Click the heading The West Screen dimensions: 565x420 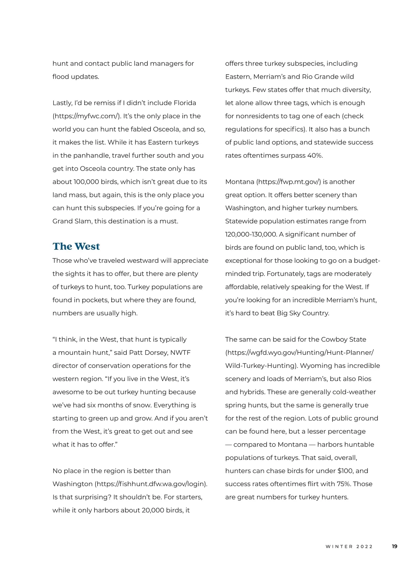point(76,246)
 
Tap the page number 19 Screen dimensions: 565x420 point(394,546)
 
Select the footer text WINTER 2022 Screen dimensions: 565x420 point(349,546)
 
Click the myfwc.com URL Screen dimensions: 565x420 point(87,116)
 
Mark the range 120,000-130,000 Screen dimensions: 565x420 point(251,234)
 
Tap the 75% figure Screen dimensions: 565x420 point(344,484)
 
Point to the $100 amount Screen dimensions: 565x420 point(345,471)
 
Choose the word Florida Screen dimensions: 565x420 point(185,103)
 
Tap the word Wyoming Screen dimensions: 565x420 point(316,366)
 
